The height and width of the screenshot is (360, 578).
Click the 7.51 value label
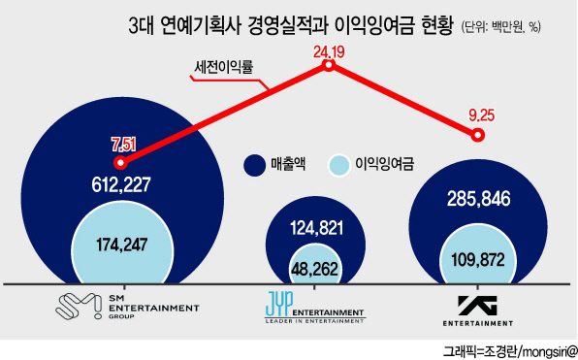[124, 145]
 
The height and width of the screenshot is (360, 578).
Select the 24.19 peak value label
[329, 52]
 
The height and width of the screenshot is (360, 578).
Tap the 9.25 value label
[481, 115]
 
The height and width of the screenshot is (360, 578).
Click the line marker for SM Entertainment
[120, 162]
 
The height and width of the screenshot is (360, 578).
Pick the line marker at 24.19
[329, 65]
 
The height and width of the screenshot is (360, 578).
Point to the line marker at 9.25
[478, 135]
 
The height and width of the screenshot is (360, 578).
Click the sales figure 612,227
[121, 184]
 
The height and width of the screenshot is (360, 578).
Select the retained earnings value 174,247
[122, 245]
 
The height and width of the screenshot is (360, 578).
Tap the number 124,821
[317, 228]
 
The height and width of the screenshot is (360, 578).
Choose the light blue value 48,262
[314, 269]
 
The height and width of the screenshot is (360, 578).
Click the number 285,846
[479, 199]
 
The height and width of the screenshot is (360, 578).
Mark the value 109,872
[478, 260]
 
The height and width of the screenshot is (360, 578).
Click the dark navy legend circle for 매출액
[254, 165]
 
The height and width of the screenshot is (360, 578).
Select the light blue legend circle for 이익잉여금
[338, 165]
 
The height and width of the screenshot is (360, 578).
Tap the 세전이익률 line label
[224, 67]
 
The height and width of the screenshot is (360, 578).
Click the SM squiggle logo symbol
[79, 306]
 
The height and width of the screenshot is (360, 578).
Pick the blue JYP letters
[279, 303]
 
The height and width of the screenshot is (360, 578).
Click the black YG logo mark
[477, 306]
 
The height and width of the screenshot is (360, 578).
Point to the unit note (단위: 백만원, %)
[501, 27]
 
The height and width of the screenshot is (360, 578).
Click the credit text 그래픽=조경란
[480, 350]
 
